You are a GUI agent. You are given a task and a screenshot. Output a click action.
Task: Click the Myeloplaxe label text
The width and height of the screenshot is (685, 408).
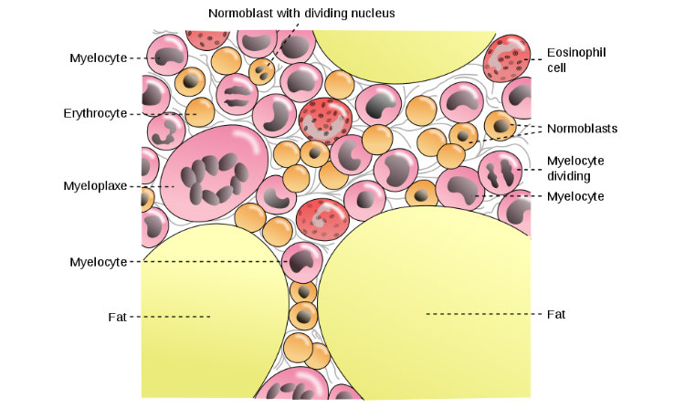click(95, 186)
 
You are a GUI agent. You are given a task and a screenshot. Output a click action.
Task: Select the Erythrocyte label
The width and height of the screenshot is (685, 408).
click(95, 114)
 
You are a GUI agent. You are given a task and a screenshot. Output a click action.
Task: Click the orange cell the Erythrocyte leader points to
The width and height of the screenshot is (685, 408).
click(198, 114)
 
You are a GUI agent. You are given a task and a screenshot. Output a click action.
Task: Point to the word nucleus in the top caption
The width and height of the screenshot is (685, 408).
click(369, 13)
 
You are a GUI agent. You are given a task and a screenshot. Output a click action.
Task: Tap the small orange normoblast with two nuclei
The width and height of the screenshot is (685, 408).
click(263, 70)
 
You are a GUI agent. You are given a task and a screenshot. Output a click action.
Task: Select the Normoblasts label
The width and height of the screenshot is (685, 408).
click(582, 129)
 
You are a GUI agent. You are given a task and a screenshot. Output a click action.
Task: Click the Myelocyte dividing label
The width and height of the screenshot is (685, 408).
click(575, 168)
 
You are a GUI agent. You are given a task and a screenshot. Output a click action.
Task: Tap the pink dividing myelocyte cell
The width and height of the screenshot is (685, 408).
click(500, 171)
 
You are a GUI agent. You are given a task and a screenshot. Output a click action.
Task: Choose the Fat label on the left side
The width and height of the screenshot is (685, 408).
click(116, 317)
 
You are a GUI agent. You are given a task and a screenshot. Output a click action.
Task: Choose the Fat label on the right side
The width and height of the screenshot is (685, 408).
click(556, 314)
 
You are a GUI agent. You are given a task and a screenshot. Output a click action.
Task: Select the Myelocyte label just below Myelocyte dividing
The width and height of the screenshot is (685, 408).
click(575, 196)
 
